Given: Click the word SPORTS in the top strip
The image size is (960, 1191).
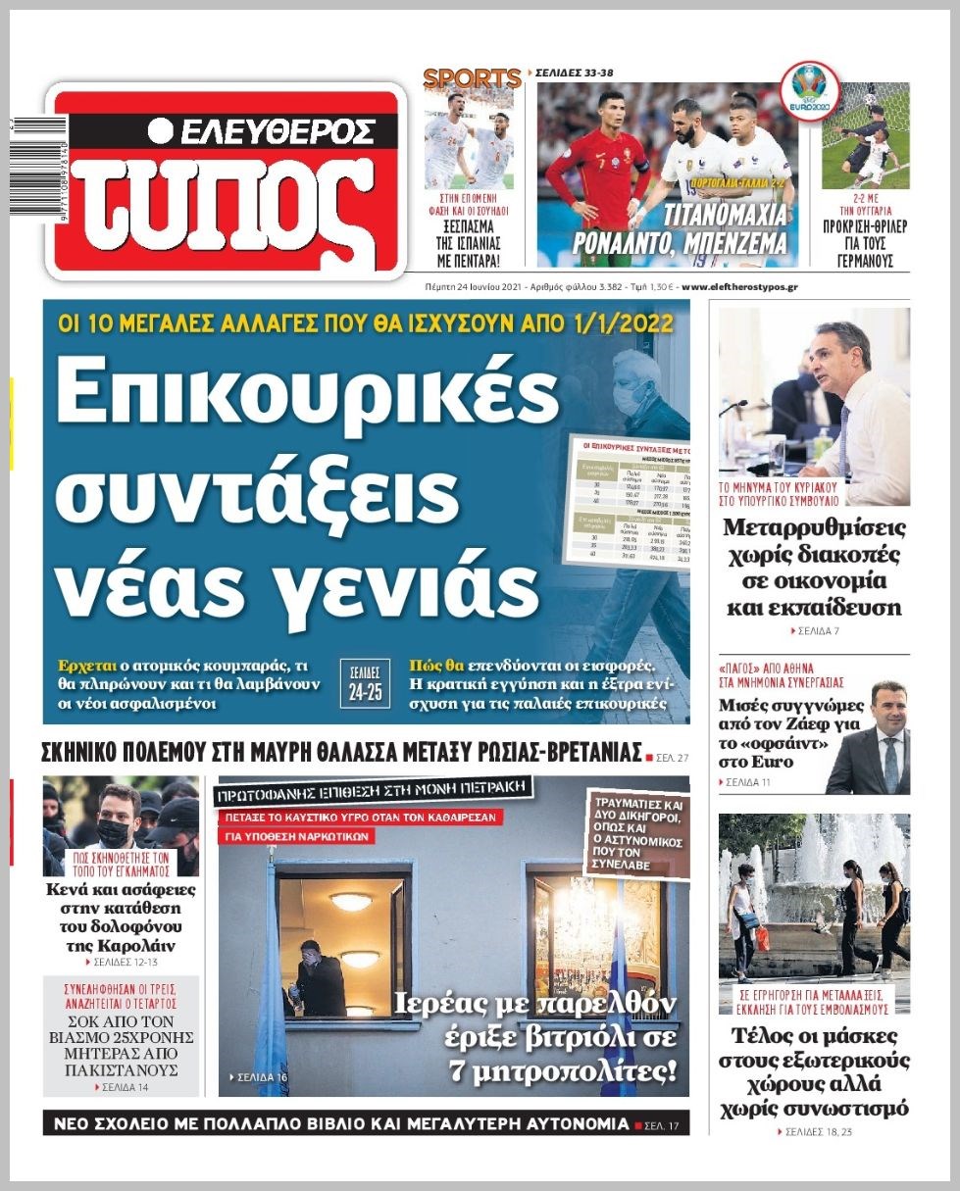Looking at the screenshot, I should [472, 78].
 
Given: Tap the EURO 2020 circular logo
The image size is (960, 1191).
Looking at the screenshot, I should [809, 92].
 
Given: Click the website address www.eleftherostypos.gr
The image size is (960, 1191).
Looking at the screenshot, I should [739, 287].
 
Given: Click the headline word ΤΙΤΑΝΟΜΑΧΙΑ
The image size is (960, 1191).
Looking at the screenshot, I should [725, 215].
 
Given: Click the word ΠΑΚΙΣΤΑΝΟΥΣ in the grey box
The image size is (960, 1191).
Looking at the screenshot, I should [121, 1071].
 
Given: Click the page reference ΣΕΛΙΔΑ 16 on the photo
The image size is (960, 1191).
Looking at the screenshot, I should [259, 1077].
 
